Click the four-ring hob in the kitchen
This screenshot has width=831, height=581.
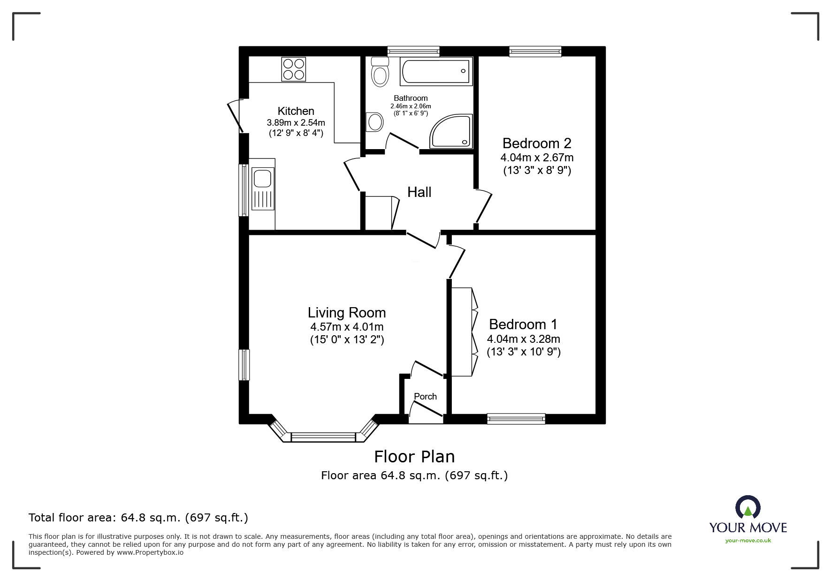point(293,69)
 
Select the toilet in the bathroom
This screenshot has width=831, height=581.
point(380,73)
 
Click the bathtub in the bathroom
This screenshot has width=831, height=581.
point(435,72)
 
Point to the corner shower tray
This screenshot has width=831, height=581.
point(450,132)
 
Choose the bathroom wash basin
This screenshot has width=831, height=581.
point(375,122)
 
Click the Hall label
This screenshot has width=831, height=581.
point(419,192)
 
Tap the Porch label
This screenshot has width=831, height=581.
point(425,397)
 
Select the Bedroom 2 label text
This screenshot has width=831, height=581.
point(537,143)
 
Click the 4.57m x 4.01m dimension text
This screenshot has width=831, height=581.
point(347,327)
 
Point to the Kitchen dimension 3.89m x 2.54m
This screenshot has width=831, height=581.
point(296,123)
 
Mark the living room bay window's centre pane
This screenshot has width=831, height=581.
point(324,438)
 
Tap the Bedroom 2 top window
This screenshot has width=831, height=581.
point(535,51)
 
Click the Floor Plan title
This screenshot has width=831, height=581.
point(414,457)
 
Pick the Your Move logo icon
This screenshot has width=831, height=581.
point(747,508)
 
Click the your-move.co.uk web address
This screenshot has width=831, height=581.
point(748,541)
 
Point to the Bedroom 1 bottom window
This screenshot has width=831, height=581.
point(516,418)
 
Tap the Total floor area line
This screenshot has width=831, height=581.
point(138,518)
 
